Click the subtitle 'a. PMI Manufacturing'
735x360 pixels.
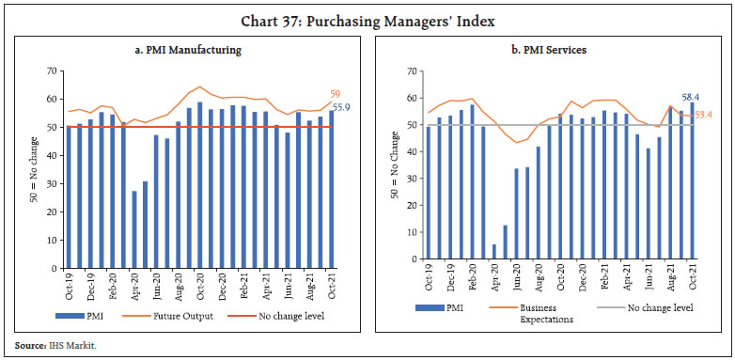188,50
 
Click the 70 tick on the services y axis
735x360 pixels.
412,71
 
